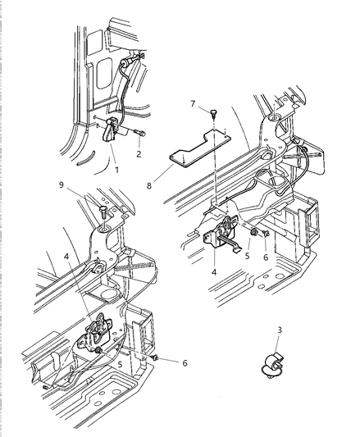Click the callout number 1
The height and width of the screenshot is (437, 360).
[116, 171]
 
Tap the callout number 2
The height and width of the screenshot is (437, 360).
[139, 153]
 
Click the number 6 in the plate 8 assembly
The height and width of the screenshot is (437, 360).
[266, 255]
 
